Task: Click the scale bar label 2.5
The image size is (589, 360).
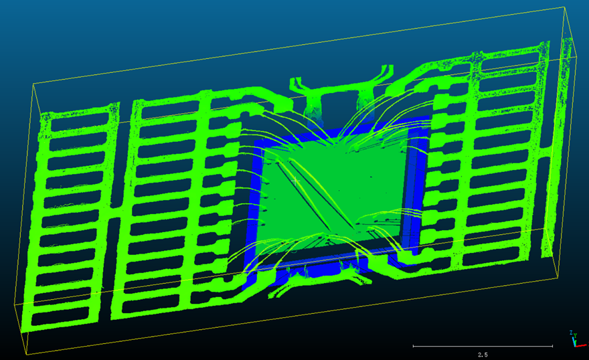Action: click(x=483, y=355)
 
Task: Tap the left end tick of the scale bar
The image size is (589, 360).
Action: click(x=413, y=346)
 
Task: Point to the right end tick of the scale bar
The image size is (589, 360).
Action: click(x=552, y=346)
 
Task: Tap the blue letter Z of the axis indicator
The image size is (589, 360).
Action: click(x=571, y=333)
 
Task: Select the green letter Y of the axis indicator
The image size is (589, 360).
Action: click(x=575, y=335)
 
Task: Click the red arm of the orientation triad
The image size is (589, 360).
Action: click(x=581, y=345)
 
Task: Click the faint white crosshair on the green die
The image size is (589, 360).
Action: click(x=295, y=182)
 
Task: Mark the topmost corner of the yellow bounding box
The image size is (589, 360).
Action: click(x=564, y=7)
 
